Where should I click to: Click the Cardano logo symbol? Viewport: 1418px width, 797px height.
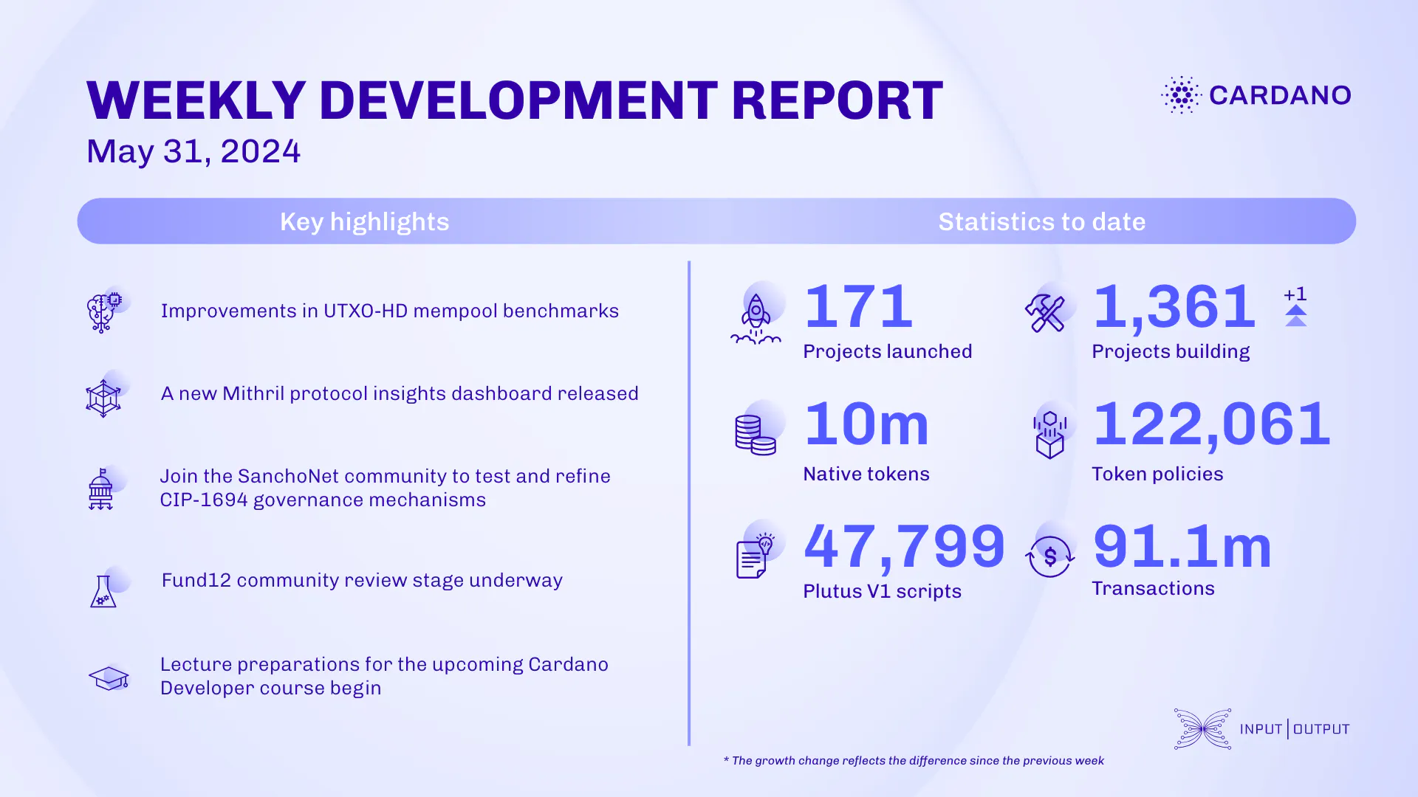[x=1181, y=95]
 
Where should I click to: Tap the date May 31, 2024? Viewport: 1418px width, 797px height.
[x=193, y=151]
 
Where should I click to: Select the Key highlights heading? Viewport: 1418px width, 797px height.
[x=364, y=221]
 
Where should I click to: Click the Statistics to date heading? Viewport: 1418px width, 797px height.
[x=1041, y=221]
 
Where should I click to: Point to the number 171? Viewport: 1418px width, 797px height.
[x=858, y=306]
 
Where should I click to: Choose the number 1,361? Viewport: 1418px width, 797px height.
[x=1174, y=306]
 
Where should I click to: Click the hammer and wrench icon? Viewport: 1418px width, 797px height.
[x=1045, y=313]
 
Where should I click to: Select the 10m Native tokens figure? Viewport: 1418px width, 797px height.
[x=866, y=424]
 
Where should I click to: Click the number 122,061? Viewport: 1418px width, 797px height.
[x=1211, y=424]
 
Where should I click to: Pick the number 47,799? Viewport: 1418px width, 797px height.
[x=904, y=546]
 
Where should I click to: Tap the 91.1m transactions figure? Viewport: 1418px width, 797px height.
[x=1182, y=547]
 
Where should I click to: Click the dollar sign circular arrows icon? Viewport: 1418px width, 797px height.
[x=1049, y=556]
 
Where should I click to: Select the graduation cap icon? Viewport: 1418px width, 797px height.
[x=109, y=677]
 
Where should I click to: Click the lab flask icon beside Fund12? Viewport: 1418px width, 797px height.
[x=103, y=591]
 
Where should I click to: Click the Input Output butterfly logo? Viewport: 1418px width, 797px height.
[x=1202, y=729]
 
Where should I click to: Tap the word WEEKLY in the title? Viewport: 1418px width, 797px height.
[x=196, y=100]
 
